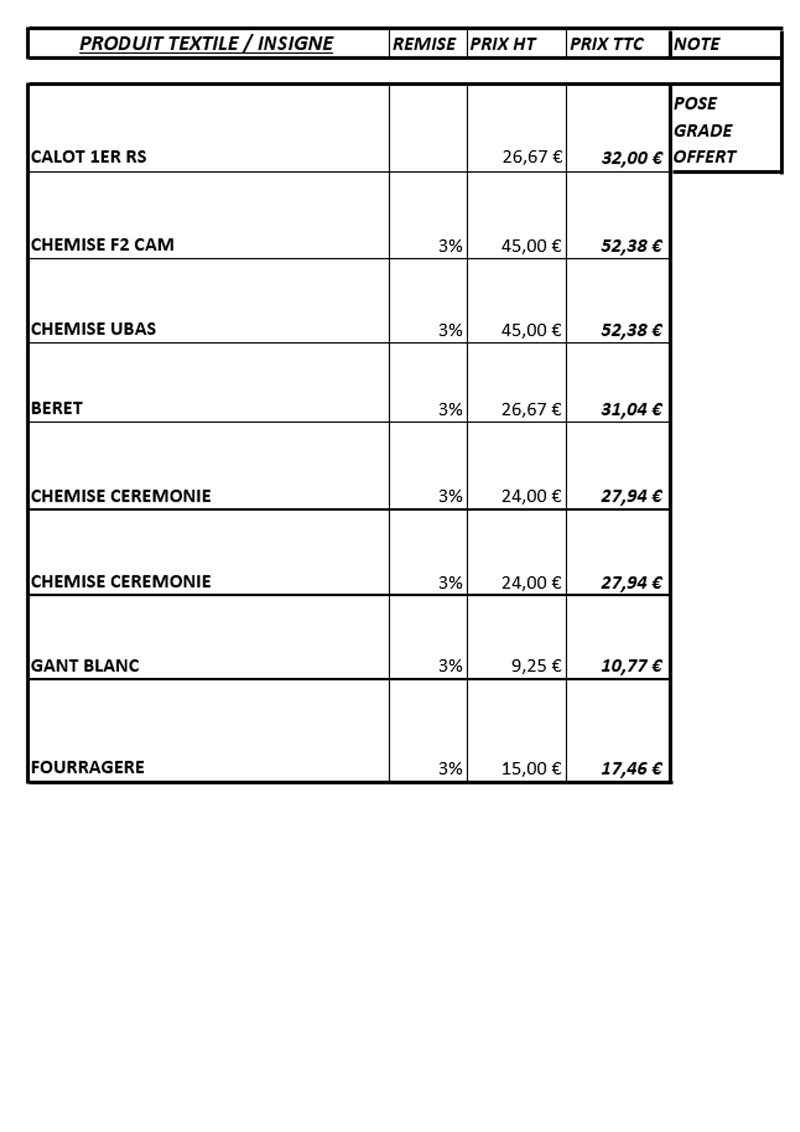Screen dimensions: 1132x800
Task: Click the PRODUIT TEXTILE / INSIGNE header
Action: pyautogui.click(x=206, y=43)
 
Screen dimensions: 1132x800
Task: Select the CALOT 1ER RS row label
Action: pyautogui.click(x=89, y=157)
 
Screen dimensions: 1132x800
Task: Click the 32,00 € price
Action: pyautogui.click(x=631, y=158)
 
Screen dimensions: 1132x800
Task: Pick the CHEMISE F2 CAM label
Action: pyautogui.click(x=103, y=245)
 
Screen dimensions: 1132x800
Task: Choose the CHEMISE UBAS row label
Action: pyautogui.click(x=93, y=329)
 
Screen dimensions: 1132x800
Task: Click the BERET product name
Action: pyautogui.click(x=57, y=408)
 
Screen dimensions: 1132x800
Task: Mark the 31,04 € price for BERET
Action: pyautogui.click(x=631, y=409)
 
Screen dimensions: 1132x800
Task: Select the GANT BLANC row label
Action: pyautogui.click(x=85, y=666)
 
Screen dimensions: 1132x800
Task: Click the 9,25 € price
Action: pyautogui.click(x=536, y=666)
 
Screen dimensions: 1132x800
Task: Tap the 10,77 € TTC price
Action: pyautogui.click(x=631, y=666)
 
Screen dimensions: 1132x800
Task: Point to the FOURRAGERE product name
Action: pyautogui.click(x=88, y=767)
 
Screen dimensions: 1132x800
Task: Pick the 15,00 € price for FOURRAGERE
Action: pyautogui.click(x=531, y=768)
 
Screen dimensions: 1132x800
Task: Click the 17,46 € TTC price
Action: pyautogui.click(x=631, y=768)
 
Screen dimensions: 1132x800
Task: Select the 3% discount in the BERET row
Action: pyautogui.click(x=450, y=409)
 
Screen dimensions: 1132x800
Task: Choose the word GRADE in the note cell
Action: pyautogui.click(x=702, y=131)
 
